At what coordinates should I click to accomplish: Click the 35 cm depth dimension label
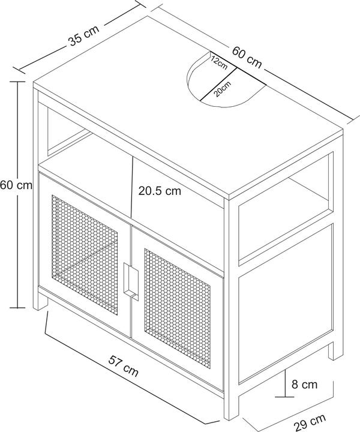tap(83, 35)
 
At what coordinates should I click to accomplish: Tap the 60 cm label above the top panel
tap(247, 58)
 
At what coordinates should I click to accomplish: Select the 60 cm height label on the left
tap(16, 185)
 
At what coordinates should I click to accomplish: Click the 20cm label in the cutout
tap(222, 89)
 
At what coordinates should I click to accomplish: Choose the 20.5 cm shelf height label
tap(160, 191)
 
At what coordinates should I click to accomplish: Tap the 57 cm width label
tap(123, 366)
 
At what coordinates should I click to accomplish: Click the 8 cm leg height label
tap(304, 385)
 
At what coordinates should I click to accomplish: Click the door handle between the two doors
tap(131, 281)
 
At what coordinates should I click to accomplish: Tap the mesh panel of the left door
tap(85, 254)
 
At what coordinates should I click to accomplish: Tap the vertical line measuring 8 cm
tap(285, 383)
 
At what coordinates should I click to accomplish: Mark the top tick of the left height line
tap(17, 82)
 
